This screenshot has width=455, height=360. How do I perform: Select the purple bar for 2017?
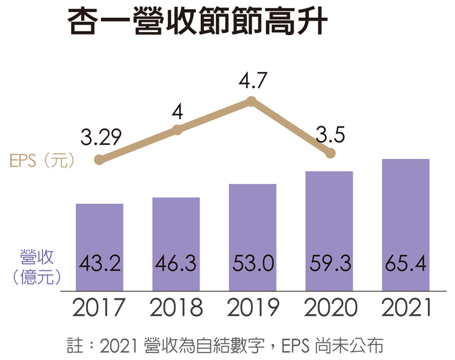point(99,247)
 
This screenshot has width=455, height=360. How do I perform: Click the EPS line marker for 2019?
point(251,102)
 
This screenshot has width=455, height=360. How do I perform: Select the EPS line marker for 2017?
point(99,160)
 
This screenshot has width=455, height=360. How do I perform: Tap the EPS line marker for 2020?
point(330,153)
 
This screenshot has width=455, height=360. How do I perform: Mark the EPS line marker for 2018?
point(178,131)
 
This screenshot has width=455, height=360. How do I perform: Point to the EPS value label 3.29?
point(101,137)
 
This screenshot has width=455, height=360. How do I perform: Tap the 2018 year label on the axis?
point(176,309)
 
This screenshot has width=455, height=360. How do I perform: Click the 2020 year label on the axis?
point(330,309)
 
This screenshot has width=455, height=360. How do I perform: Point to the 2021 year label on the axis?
point(406,309)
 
